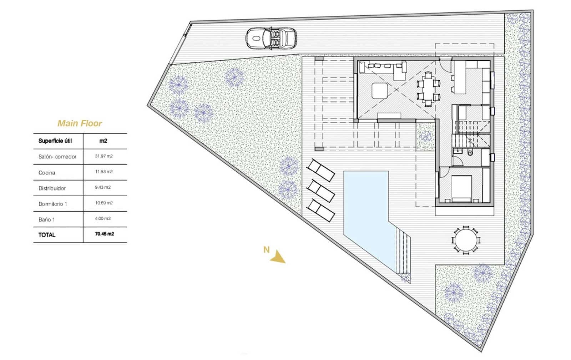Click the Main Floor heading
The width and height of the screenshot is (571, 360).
coord(80,123)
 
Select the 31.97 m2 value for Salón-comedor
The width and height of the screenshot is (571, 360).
coord(103,156)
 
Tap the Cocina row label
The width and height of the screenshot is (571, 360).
coord(47,173)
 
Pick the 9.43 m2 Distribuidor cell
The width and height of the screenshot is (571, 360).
coord(103,187)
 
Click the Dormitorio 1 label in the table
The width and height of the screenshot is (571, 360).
coord(53,204)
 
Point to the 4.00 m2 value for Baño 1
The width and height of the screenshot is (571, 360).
coord(103,218)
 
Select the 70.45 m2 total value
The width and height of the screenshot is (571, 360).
coord(105,234)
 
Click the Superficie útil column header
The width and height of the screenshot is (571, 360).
coord(55,141)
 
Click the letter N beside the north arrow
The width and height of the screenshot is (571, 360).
coord(266,250)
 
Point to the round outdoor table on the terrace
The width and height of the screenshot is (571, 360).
coord(466,240)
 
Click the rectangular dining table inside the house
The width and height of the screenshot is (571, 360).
coord(428,88)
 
